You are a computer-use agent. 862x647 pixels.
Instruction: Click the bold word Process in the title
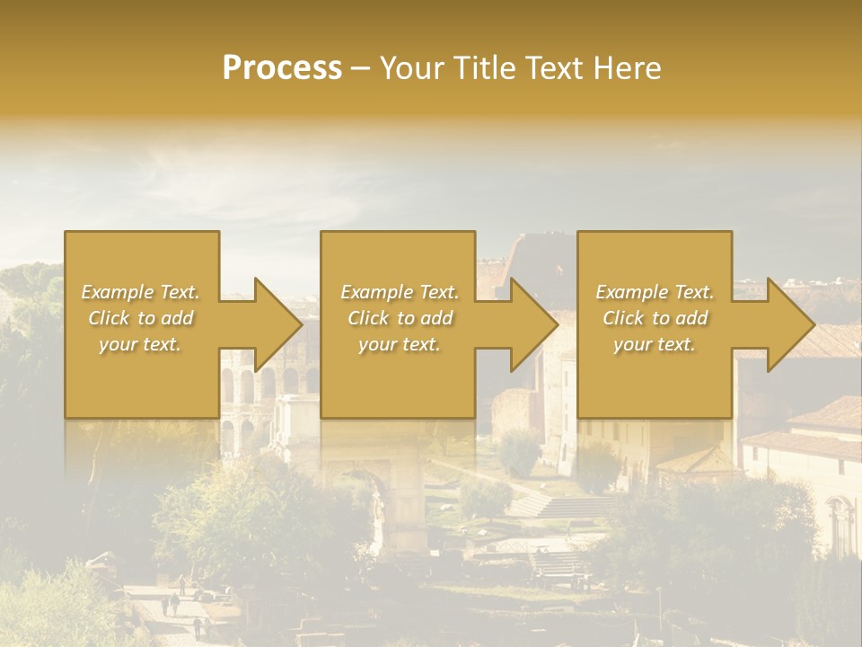coord(282,68)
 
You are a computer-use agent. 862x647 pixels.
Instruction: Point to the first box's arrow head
coord(275,324)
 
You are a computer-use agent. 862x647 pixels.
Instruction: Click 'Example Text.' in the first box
coord(141,292)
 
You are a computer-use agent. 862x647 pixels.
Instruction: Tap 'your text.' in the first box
coord(141,344)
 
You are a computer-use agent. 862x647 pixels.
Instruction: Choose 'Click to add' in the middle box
coord(400,318)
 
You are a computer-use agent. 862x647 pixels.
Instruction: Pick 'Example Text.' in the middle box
coord(400,292)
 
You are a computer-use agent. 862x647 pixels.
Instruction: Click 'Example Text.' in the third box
coord(655,292)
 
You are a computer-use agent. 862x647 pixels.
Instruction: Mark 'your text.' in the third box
coord(655,344)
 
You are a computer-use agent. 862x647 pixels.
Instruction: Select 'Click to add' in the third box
coord(655,318)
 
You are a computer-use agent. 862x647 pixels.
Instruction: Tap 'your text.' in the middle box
coord(400,344)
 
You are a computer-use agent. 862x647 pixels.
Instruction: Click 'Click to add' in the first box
coord(141,318)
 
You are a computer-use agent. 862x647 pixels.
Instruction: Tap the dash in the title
coord(361,68)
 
